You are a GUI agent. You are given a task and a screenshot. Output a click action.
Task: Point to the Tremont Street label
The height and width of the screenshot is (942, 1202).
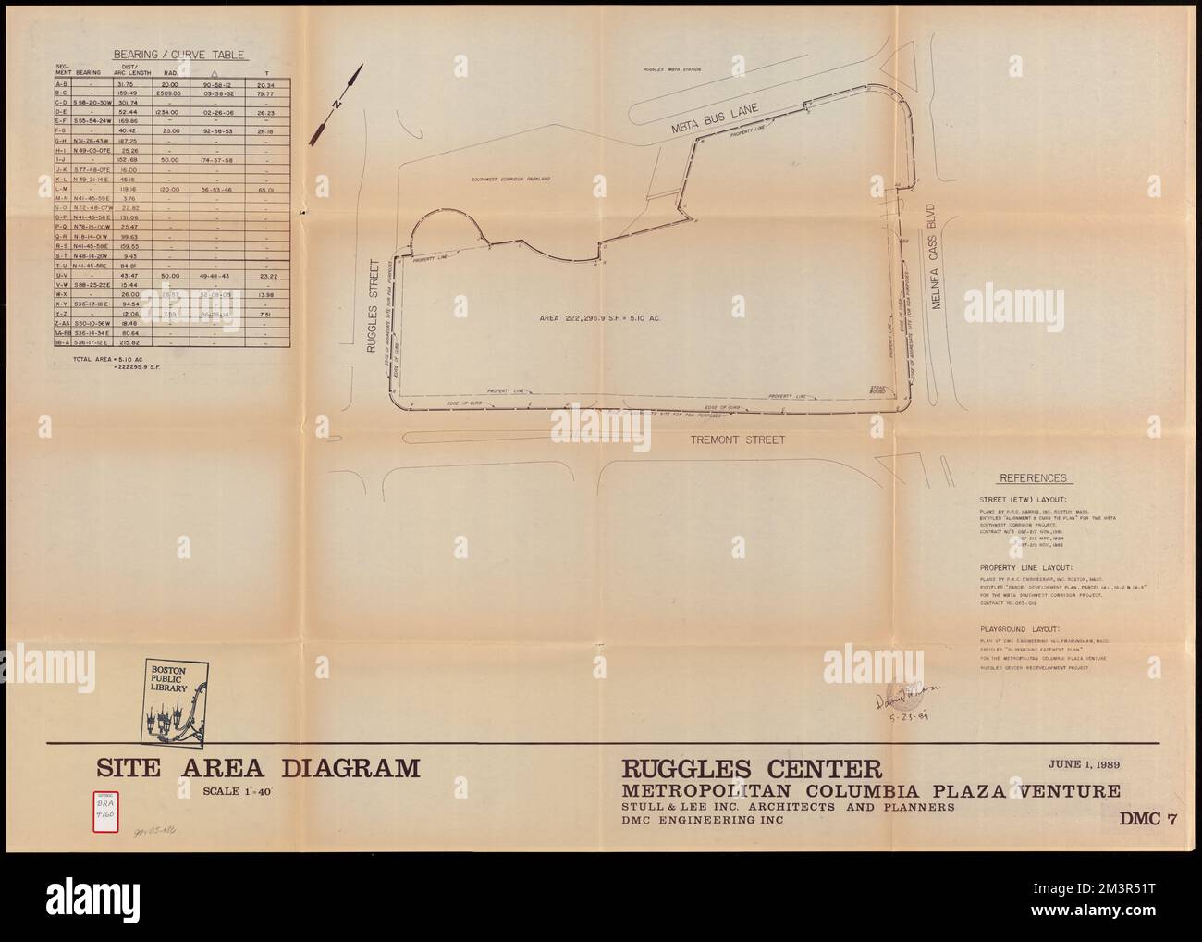(739, 440)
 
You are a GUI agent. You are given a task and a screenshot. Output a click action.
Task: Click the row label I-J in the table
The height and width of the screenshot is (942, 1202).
(60, 160)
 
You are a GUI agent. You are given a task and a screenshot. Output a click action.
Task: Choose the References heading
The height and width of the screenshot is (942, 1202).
(1034, 478)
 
